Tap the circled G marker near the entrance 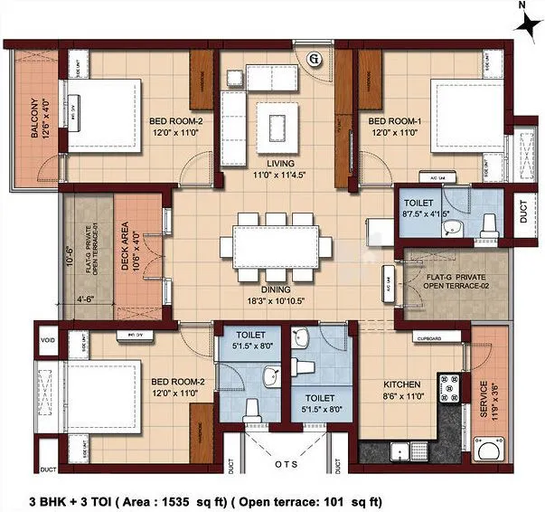(315, 60)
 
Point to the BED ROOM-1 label (390, 120)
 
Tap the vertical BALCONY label (33, 119)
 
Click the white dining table (277, 243)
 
